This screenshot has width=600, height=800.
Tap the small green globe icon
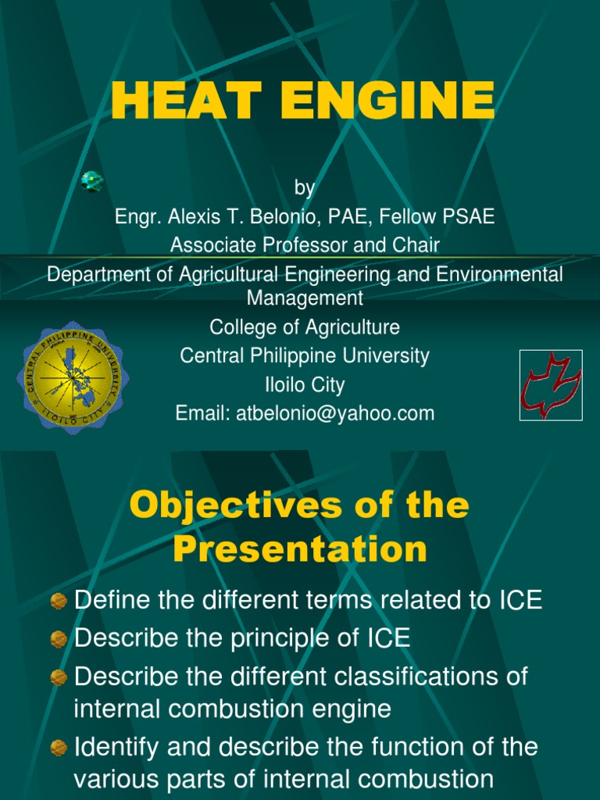tap(92, 181)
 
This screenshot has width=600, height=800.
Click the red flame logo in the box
tap(551, 384)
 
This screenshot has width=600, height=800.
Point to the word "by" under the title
tap(305, 188)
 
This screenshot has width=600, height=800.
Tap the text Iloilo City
tap(305, 384)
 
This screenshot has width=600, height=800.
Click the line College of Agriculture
tap(305, 327)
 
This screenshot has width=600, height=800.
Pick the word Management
tap(305, 298)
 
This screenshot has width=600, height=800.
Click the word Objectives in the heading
tap(227, 505)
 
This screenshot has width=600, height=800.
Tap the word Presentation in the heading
tap(300, 549)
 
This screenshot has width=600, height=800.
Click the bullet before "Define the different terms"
tap(59, 601)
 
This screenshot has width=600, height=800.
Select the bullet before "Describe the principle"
tap(59, 638)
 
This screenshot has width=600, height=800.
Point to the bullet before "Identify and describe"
tap(59, 748)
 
